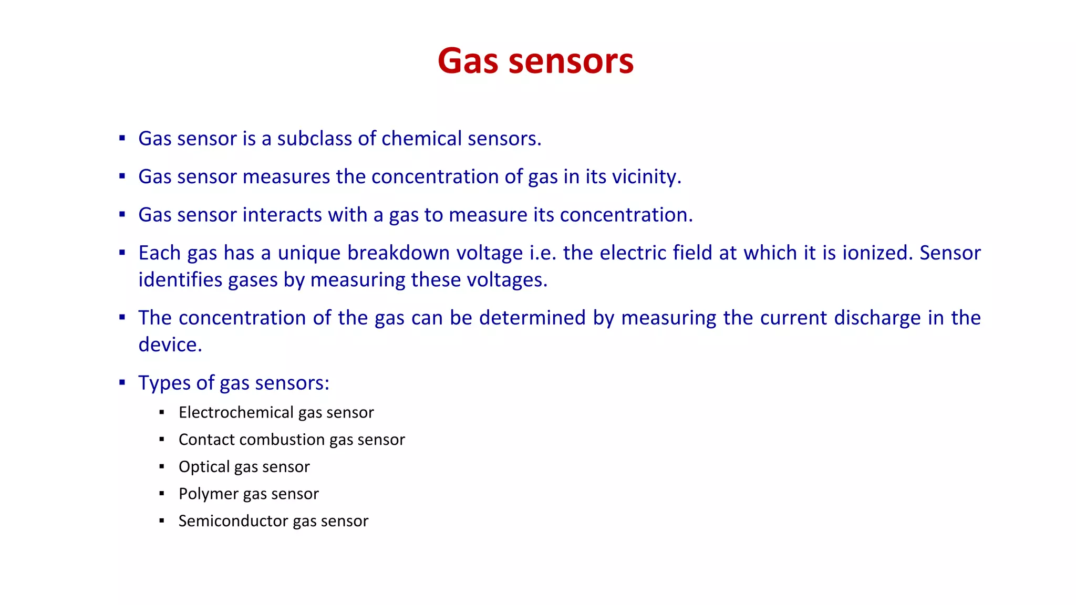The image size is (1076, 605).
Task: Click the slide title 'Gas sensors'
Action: pyautogui.click(x=535, y=61)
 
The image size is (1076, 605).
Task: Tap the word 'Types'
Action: pyautogui.click(x=164, y=383)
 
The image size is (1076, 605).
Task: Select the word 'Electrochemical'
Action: pyautogui.click(x=236, y=413)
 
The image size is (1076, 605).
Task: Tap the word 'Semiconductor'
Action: pyautogui.click(x=233, y=521)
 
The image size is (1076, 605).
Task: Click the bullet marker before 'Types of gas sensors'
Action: pyautogui.click(x=122, y=382)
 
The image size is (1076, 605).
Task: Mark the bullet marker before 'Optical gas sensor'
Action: pyautogui.click(x=162, y=466)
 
